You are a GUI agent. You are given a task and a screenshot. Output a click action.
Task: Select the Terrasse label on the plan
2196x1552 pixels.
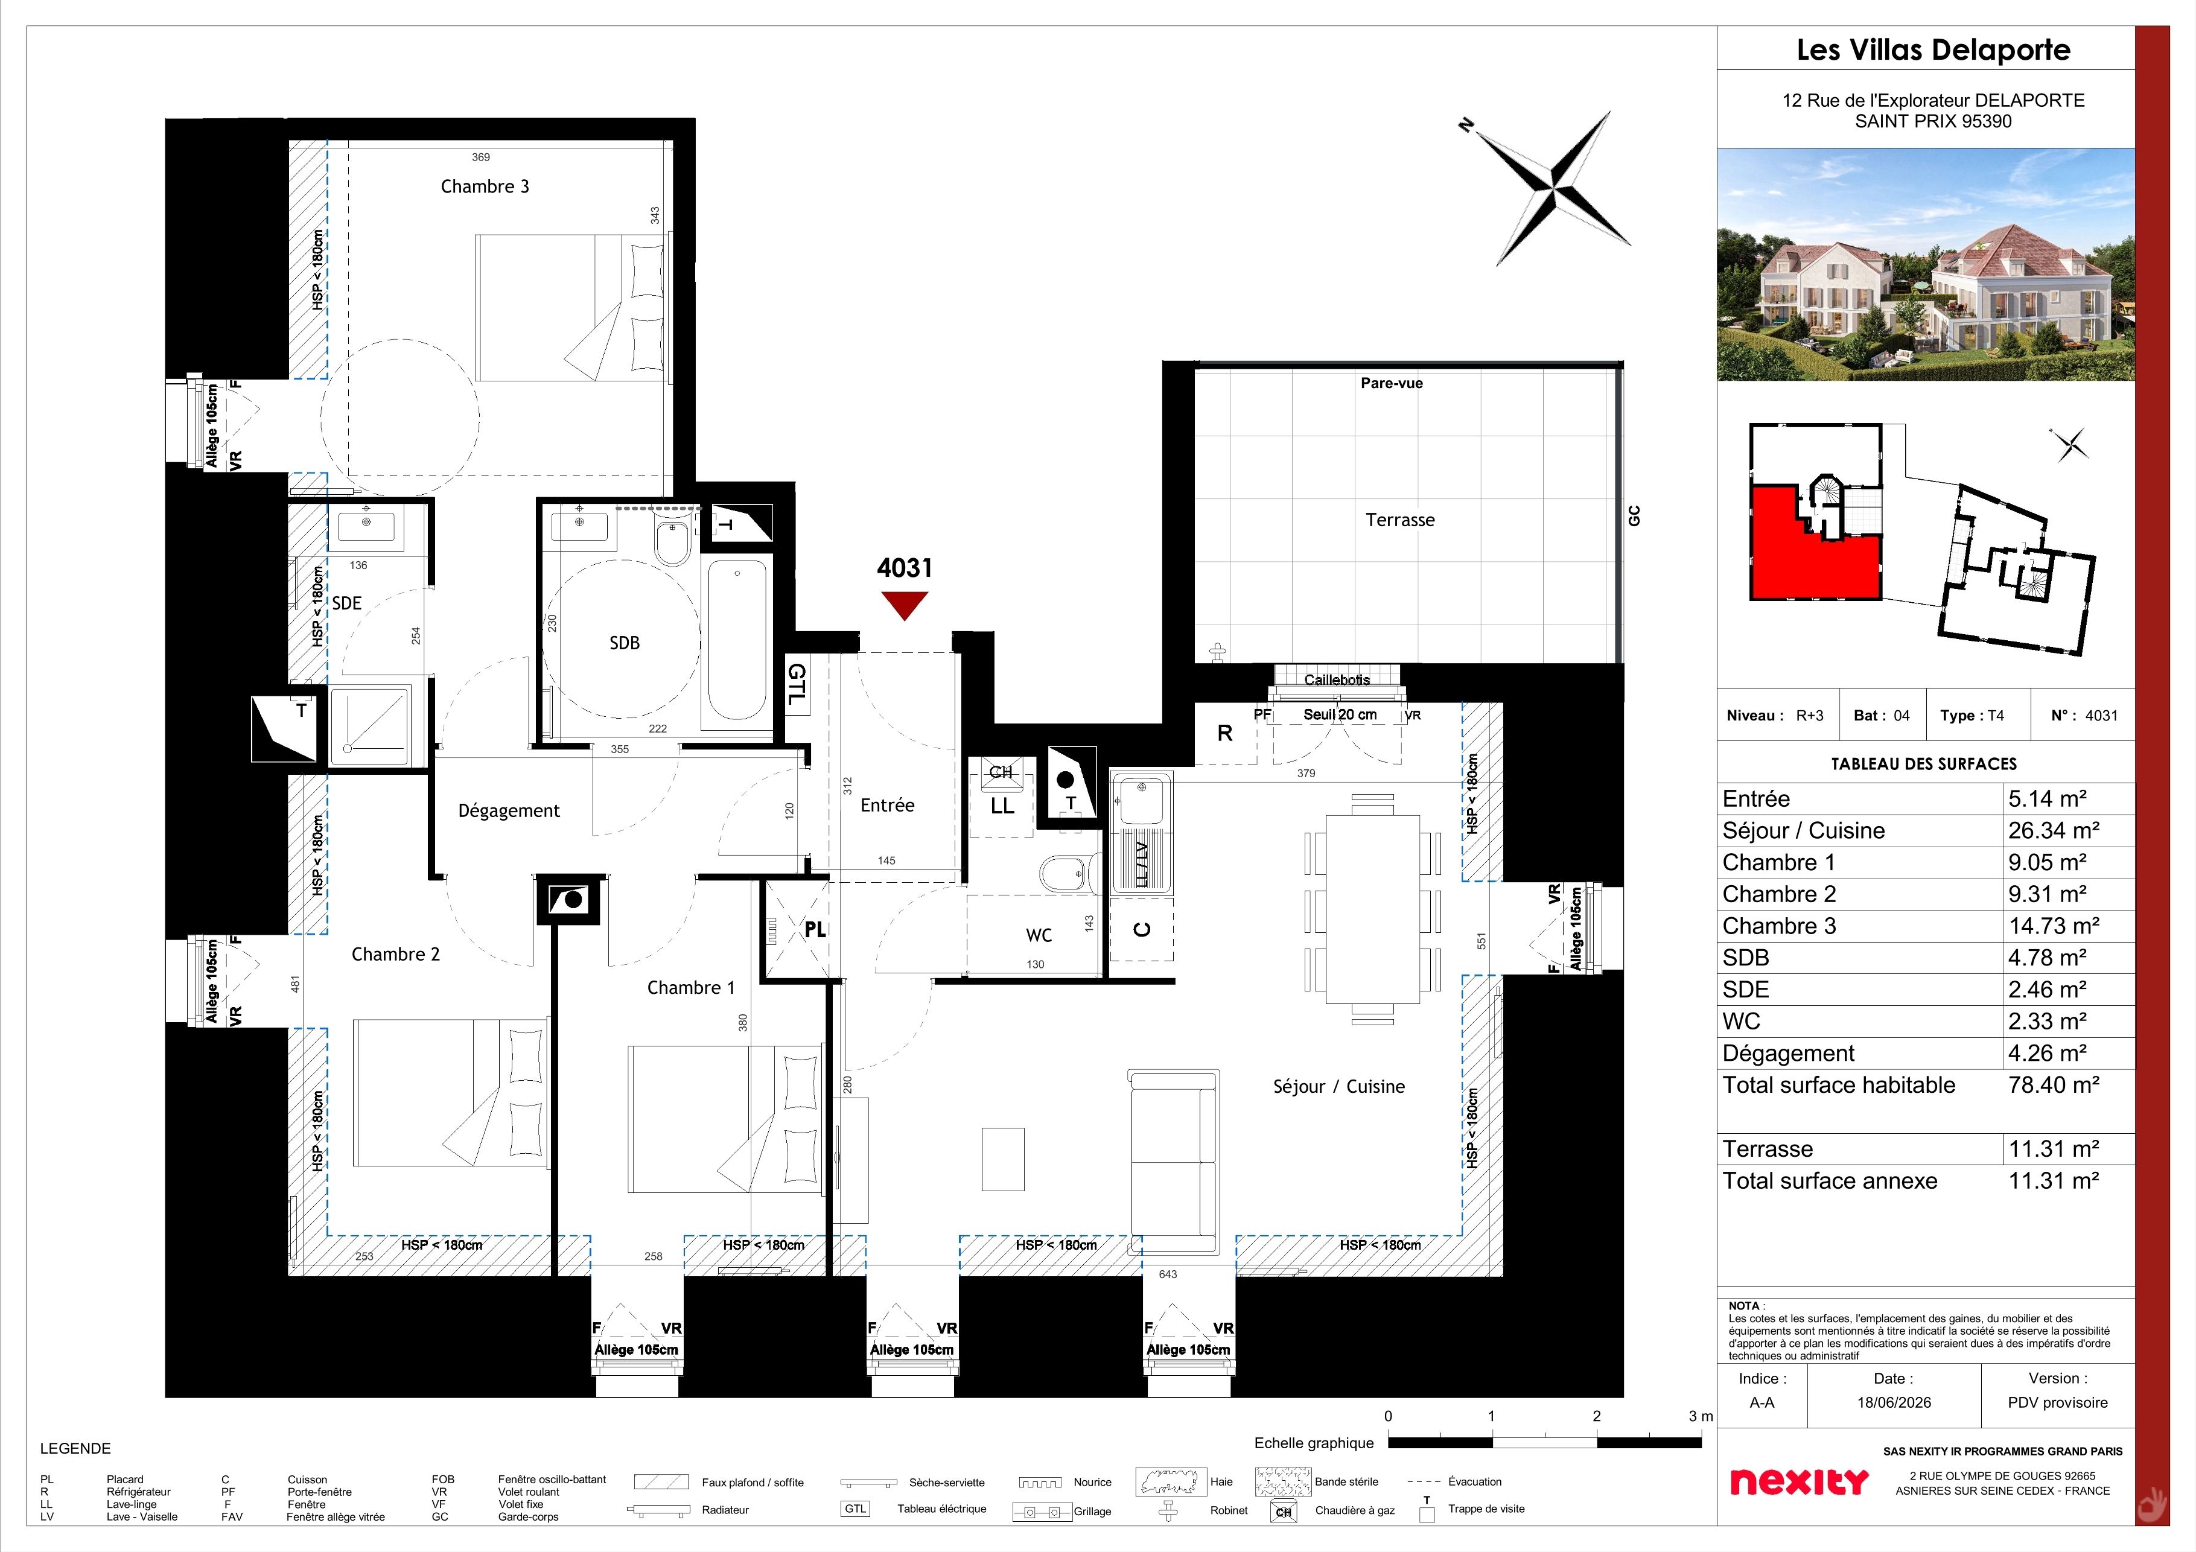pos(1399,520)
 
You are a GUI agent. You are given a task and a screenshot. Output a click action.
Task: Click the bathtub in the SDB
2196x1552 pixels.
pos(736,641)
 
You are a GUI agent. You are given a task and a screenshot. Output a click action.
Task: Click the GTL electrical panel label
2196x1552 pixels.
pos(797,685)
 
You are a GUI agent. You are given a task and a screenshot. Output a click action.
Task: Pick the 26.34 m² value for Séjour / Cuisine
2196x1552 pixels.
pos(2054,830)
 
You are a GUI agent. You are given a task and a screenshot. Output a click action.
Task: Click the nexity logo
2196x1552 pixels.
pos(1799,1481)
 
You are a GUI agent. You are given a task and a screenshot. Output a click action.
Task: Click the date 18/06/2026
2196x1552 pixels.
pos(1894,1403)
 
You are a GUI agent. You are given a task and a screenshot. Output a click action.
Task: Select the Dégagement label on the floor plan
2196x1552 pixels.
pos(509,811)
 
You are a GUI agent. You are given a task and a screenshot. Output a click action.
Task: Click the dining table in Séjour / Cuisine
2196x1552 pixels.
pos(1372,908)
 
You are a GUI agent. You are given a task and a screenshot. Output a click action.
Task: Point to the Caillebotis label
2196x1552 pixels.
pos(1337,680)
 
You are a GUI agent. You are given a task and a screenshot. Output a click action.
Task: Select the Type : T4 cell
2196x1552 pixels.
pos(1972,715)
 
